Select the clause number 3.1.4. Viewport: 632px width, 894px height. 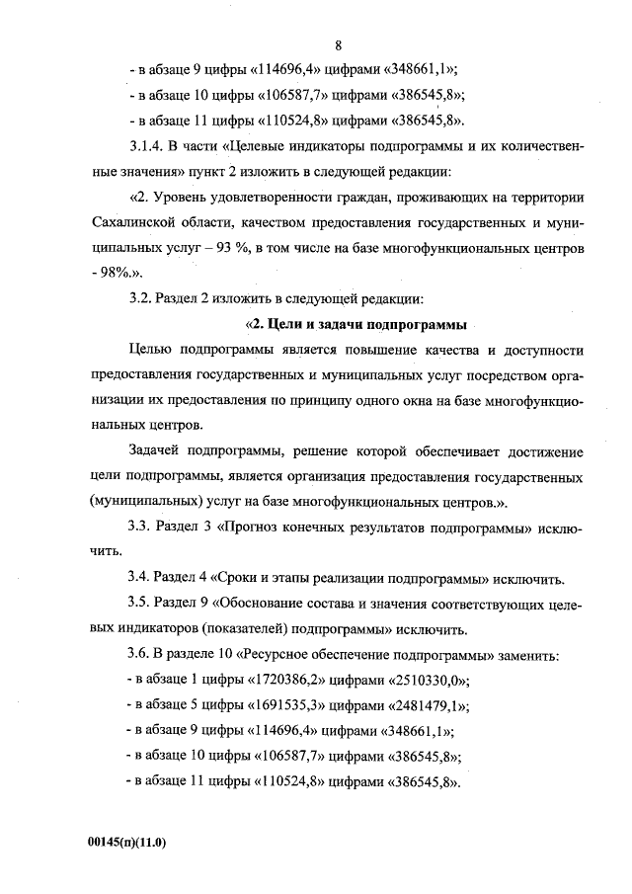(149, 147)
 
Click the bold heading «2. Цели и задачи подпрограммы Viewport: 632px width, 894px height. (355, 324)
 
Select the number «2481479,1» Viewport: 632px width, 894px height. (422, 707)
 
